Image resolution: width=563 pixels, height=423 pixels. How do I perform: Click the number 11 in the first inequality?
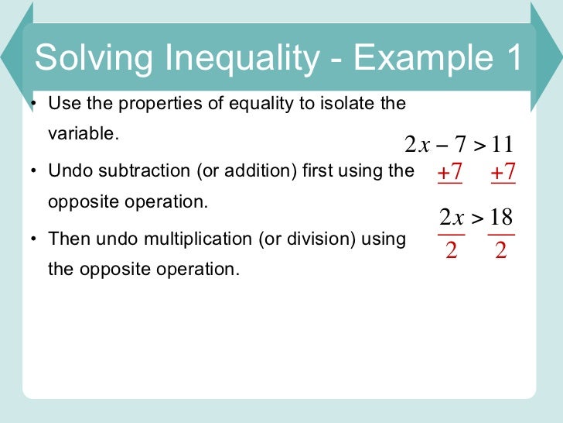pyautogui.click(x=501, y=145)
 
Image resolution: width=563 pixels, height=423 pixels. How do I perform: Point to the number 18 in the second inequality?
pyautogui.click(x=500, y=218)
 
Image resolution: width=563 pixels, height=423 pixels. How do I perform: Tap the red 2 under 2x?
pyautogui.click(x=451, y=252)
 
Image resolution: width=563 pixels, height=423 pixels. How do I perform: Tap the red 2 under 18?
pyautogui.click(x=500, y=252)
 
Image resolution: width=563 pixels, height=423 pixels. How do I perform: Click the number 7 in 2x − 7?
pyautogui.click(x=460, y=145)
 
